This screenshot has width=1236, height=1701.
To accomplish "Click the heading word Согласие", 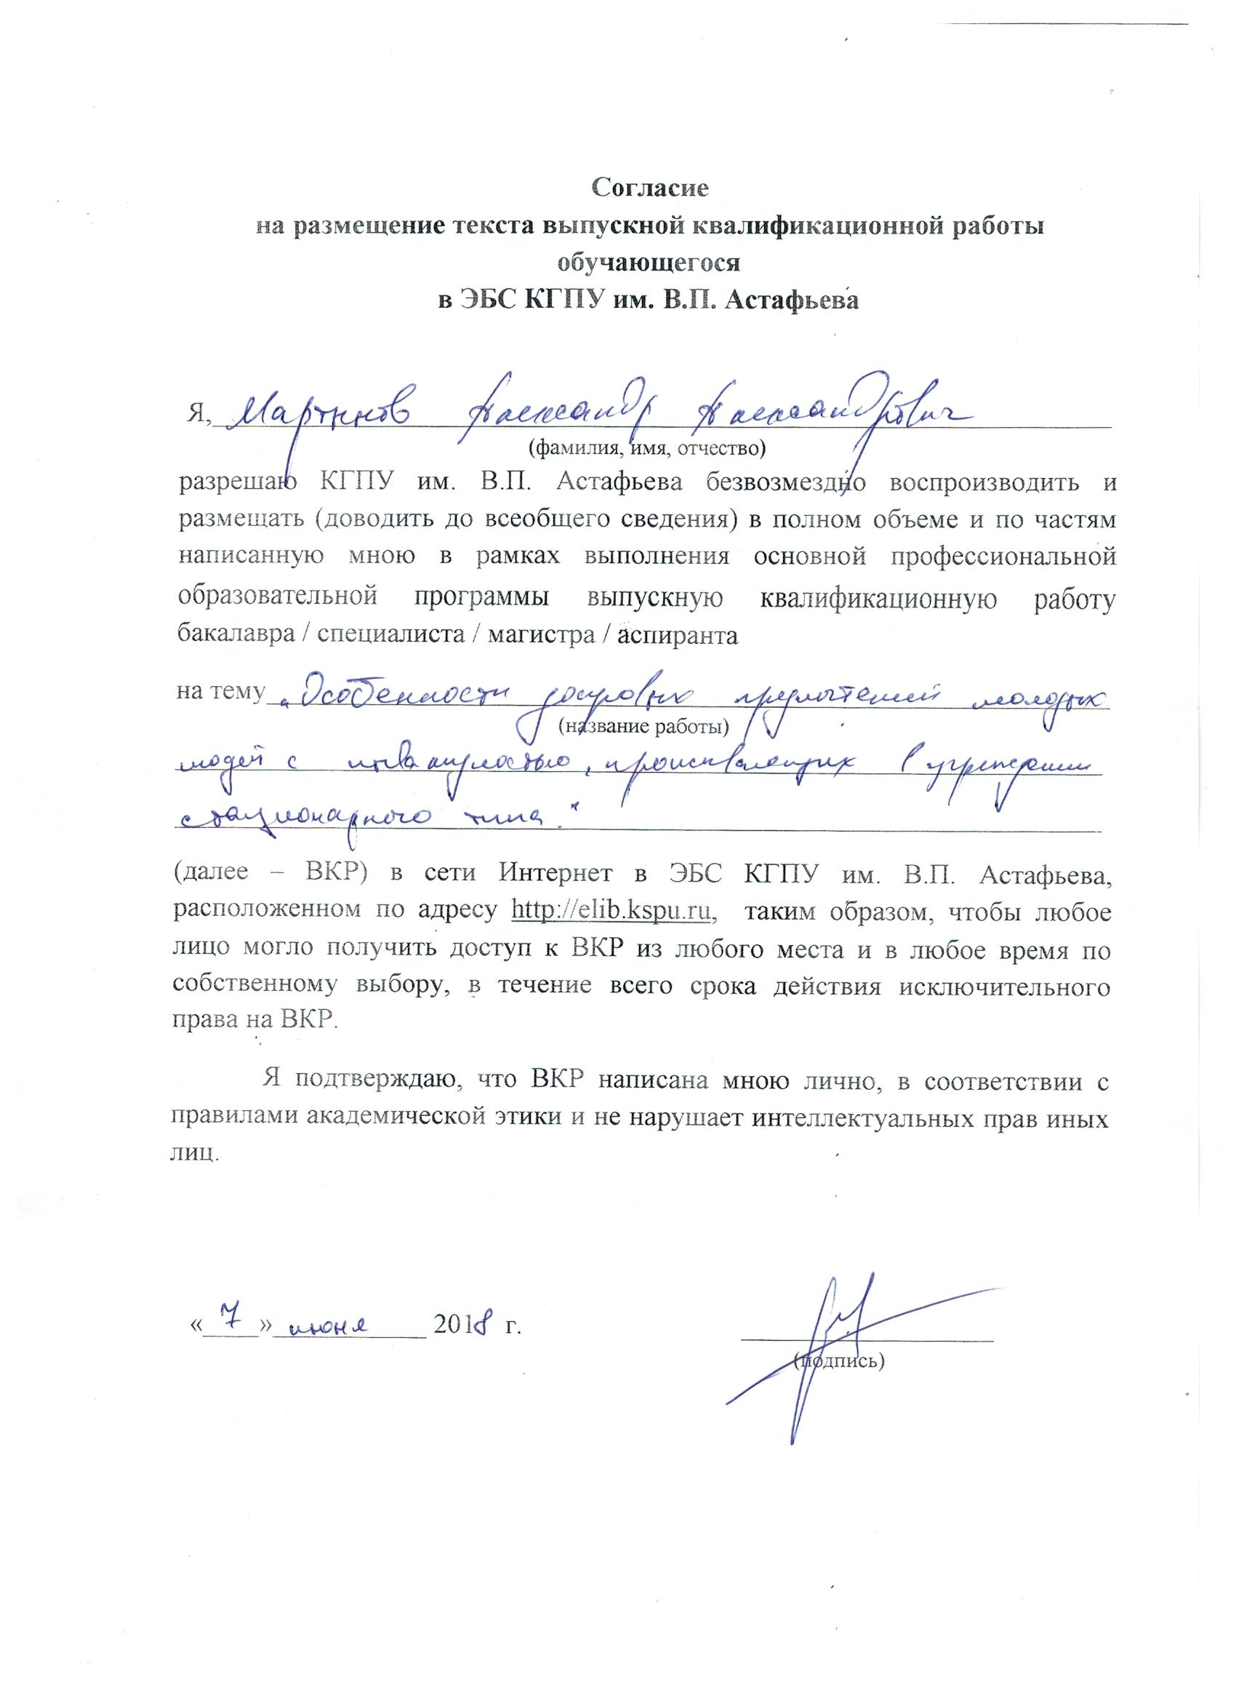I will pyautogui.click(x=650, y=187).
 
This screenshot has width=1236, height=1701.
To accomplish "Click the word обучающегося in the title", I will pyautogui.click(x=649, y=262).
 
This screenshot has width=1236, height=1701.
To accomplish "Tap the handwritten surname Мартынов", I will pyautogui.click(x=321, y=414).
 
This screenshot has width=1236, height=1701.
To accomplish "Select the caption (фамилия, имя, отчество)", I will pyautogui.click(x=646, y=448).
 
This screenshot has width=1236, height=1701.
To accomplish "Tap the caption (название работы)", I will pyautogui.click(x=644, y=725).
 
